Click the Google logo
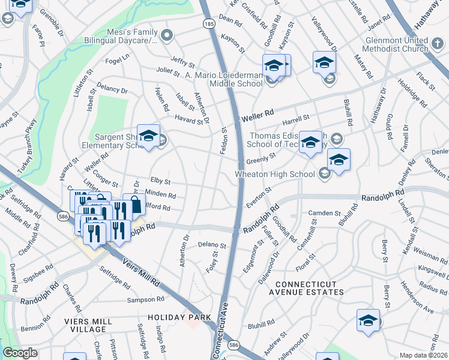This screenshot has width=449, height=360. [20, 353]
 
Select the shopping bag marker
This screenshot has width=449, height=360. [134, 205]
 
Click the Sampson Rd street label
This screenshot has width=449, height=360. [145, 299]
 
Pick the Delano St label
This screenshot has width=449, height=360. [212, 245]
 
